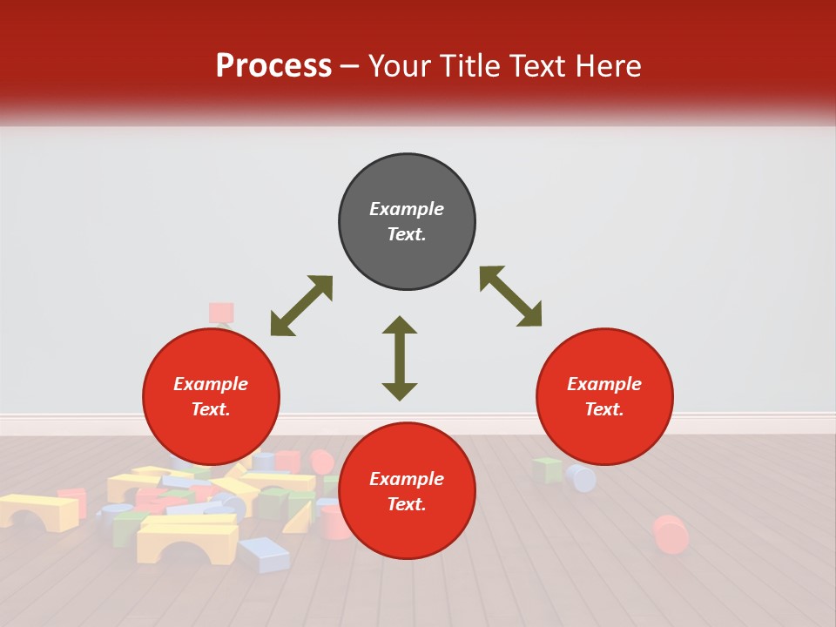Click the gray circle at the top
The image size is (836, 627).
click(x=407, y=222)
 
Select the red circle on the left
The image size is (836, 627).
click(x=211, y=397)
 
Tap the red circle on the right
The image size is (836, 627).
click(x=604, y=397)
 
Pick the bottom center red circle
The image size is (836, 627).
click(x=407, y=491)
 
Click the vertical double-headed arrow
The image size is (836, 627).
click(x=400, y=358)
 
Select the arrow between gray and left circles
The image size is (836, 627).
click(x=301, y=306)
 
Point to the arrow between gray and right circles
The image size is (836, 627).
click(x=510, y=296)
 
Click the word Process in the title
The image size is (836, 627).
click(x=273, y=66)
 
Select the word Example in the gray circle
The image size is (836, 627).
click(x=407, y=209)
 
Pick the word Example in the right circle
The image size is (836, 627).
click(x=604, y=384)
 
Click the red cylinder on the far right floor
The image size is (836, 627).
click(x=671, y=534)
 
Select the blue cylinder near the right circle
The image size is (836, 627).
click(x=581, y=477)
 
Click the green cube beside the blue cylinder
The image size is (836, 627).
click(x=548, y=469)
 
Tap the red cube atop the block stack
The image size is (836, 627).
click(x=221, y=313)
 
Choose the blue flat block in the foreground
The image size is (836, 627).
click(x=265, y=554)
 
